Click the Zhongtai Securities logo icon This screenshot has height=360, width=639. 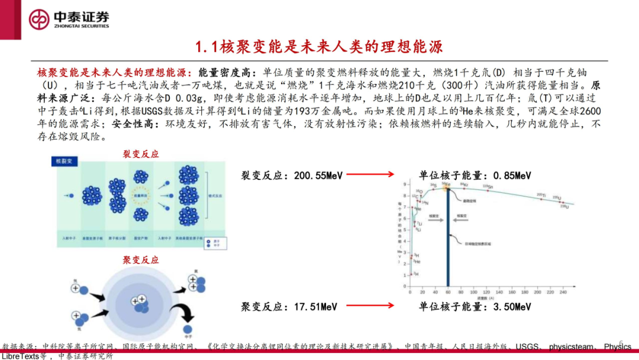click(x=40, y=18)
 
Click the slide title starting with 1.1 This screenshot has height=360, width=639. click(x=319, y=46)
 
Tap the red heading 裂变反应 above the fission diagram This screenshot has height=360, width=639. click(x=140, y=154)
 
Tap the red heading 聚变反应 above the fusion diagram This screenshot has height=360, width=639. click(x=140, y=260)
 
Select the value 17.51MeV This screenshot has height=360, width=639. click(x=315, y=307)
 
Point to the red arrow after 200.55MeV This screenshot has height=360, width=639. click(x=370, y=175)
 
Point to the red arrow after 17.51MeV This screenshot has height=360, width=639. click(x=370, y=306)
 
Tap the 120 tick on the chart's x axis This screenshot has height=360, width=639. click(x=486, y=292)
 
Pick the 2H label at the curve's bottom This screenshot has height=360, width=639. click(x=416, y=274)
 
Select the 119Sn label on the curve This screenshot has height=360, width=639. click(x=487, y=187)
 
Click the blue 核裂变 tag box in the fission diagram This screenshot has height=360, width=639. click(x=63, y=161)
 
